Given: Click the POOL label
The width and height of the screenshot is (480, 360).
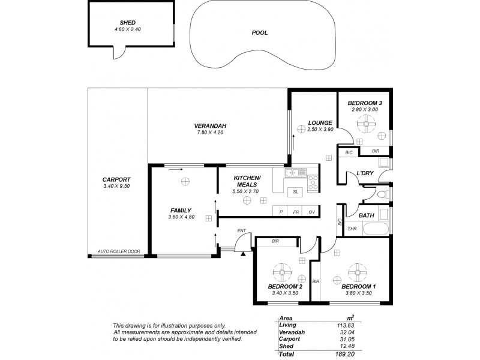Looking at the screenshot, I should coord(260,32).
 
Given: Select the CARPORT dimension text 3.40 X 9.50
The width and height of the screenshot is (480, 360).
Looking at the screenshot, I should coord(116,186).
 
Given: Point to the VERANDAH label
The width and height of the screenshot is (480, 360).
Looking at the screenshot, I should coord(209,125).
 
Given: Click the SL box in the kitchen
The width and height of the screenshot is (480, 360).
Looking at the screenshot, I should coord(295,193).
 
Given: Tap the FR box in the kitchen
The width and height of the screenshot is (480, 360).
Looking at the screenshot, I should coord(296,212).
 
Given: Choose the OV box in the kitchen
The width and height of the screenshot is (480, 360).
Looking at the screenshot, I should coord(311,212).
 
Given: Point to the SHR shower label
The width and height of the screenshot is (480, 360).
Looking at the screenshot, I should coord(352,229).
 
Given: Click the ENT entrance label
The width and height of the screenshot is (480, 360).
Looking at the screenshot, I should coord(241,230).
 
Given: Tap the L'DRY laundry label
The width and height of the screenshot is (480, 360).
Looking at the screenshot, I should coord(365,174).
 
